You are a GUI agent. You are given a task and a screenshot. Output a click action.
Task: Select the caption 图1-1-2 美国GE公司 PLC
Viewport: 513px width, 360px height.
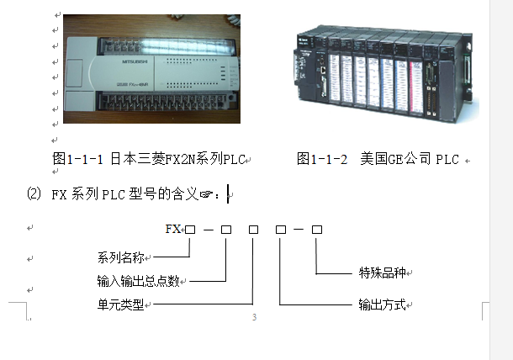pyautogui.click(x=378, y=158)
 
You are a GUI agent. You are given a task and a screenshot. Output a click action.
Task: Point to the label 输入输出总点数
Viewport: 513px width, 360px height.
pyautogui.click(x=137, y=280)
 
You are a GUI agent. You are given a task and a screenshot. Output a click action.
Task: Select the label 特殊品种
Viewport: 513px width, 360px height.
pyautogui.click(x=385, y=273)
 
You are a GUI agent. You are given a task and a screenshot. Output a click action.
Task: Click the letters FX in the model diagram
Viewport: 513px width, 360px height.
pyautogui.click(x=173, y=229)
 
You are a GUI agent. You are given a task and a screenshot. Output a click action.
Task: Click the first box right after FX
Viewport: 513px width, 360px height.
pyautogui.click(x=191, y=229)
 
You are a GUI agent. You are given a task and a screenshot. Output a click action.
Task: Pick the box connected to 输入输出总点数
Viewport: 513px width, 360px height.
pyautogui.click(x=225, y=229)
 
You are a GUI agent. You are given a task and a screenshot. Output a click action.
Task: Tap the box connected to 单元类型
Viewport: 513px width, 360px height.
pyautogui.click(x=253, y=229)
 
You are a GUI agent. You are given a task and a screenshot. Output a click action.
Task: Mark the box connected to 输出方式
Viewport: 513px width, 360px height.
pyautogui.click(x=281, y=229)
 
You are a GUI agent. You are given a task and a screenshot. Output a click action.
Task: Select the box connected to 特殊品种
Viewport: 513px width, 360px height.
pyautogui.click(x=317, y=229)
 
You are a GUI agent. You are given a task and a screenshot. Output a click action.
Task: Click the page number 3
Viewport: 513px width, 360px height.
pyautogui.click(x=253, y=318)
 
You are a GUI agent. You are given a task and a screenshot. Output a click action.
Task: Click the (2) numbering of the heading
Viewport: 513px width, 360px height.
pyautogui.click(x=34, y=193)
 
